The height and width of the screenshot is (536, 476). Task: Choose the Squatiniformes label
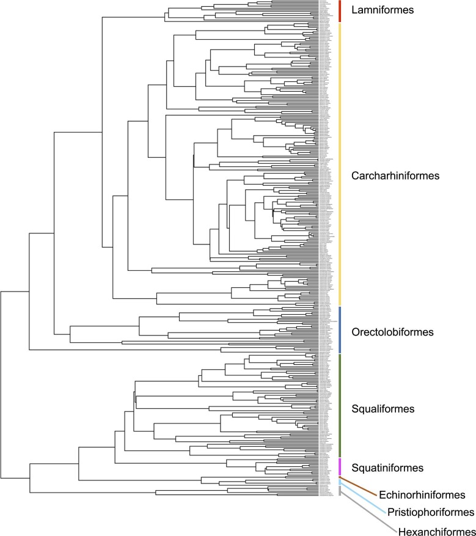388,468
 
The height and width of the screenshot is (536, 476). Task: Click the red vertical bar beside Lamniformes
339,10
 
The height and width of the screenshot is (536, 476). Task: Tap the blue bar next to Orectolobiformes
339,329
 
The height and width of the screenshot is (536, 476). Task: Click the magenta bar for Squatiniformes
339,466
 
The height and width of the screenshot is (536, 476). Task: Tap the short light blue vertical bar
339,482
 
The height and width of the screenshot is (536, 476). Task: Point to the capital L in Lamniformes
355,10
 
